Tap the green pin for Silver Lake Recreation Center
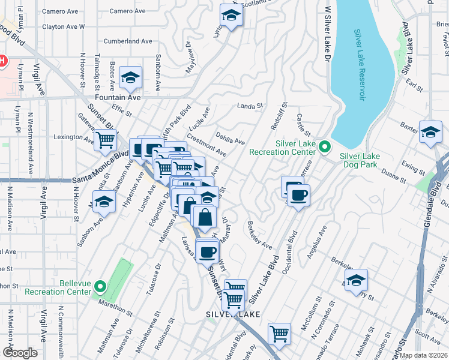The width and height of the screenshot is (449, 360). click(x=325, y=146)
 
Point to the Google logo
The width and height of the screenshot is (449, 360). click(x=20, y=352)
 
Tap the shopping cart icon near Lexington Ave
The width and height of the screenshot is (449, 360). click(x=106, y=140)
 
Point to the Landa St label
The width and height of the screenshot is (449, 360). click(x=250, y=106)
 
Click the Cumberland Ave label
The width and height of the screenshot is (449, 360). click(x=128, y=41)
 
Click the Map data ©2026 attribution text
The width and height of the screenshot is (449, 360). click(x=423, y=355)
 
